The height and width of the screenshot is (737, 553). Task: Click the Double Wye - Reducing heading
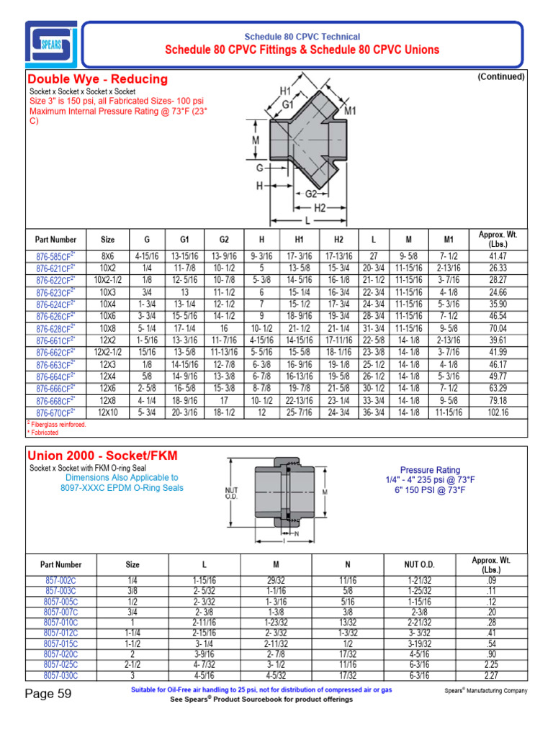tap(97, 79)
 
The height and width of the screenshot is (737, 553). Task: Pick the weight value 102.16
tap(498, 412)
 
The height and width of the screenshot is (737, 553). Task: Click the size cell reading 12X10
tap(107, 412)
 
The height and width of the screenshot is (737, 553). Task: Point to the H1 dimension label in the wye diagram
tap(285, 92)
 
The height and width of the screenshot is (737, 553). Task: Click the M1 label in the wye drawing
tap(351, 111)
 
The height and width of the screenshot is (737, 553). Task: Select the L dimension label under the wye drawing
tap(308, 219)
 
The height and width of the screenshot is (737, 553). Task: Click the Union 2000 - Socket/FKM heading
tap(102, 456)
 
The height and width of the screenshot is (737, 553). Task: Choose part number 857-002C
tap(60, 579)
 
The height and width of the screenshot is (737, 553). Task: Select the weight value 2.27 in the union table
tap(491, 676)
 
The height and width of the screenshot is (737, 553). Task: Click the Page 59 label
tap(48, 695)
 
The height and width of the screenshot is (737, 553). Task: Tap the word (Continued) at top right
tap(500, 76)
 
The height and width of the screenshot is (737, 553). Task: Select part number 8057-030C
tap(60, 676)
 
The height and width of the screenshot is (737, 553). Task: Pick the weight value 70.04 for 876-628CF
tap(498, 328)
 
